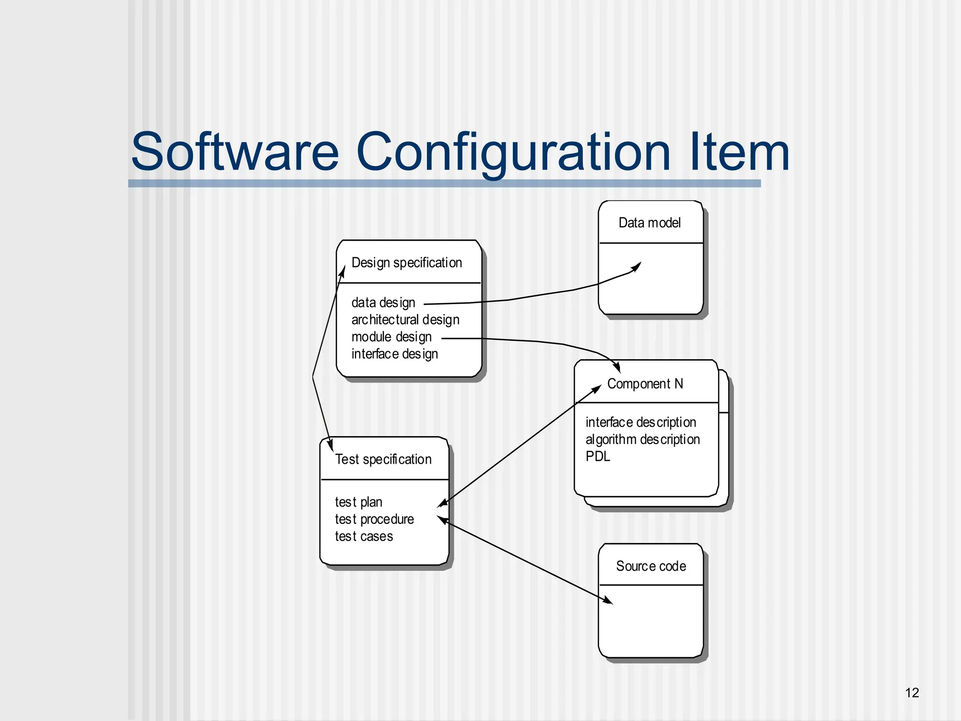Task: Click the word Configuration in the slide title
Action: (x=513, y=153)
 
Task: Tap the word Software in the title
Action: (x=235, y=153)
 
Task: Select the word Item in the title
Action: (x=740, y=153)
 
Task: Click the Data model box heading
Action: (x=649, y=223)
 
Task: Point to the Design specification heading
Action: (x=406, y=263)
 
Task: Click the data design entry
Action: (x=383, y=303)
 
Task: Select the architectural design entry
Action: (x=405, y=320)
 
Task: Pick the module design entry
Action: (x=391, y=337)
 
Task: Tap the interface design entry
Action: (x=394, y=354)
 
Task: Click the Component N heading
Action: (x=645, y=384)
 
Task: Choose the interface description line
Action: (x=641, y=422)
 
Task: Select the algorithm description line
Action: (x=642, y=440)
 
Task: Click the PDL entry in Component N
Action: (x=598, y=456)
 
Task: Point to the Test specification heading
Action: (x=383, y=460)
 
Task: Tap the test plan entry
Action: (x=358, y=502)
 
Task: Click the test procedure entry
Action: (x=374, y=520)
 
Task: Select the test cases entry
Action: (x=364, y=537)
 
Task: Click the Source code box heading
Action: (x=651, y=567)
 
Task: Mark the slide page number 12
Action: (x=912, y=693)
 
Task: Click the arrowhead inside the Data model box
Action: (x=636, y=267)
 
